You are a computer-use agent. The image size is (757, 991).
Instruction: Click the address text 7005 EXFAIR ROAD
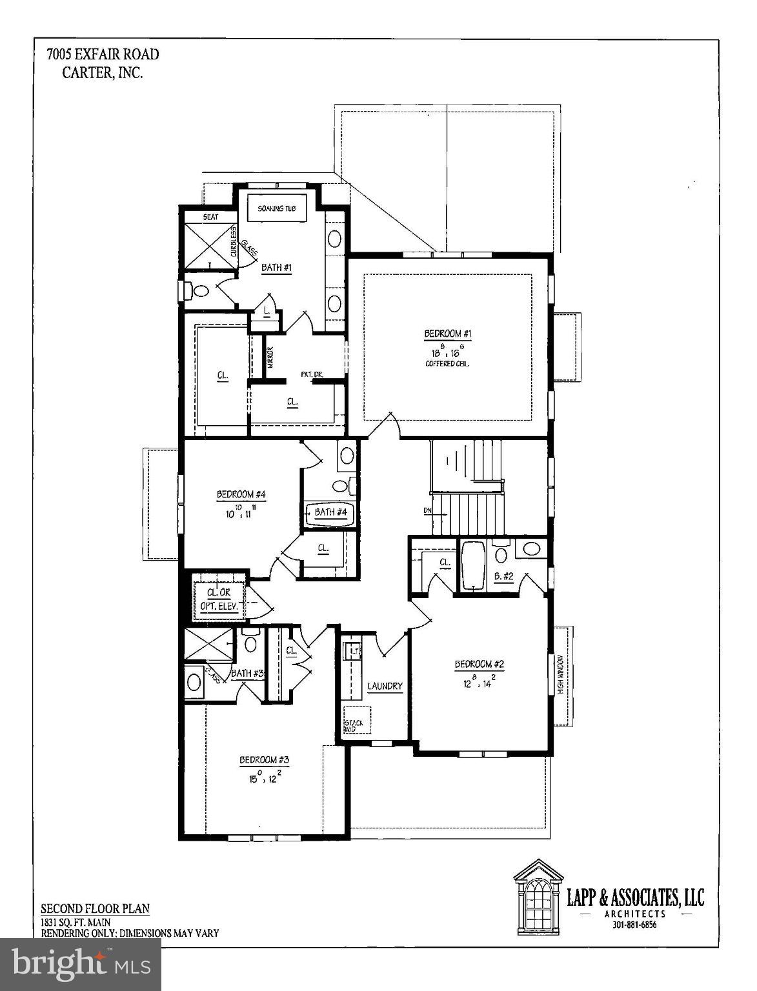(x=102, y=54)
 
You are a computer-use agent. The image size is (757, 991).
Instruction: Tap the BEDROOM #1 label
(x=448, y=334)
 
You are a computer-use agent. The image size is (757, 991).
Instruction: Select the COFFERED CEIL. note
(x=447, y=363)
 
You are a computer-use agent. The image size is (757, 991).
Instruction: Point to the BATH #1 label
(x=276, y=267)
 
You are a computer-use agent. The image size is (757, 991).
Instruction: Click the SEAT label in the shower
(x=210, y=217)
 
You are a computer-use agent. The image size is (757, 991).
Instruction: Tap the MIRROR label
(x=270, y=358)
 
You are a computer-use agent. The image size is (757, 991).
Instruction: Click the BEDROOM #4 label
(x=241, y=495)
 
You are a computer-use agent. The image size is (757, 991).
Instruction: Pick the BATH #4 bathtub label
(x=330, y=513)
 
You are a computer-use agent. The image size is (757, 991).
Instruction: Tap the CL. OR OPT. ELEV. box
(x=219, y=600)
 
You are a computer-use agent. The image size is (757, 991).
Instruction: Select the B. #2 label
(x=503, y=576)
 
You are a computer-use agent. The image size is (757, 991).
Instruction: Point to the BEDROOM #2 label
(x=479, y=664)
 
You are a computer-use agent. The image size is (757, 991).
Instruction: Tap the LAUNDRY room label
(x=385, y=686)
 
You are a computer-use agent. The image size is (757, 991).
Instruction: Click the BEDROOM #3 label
(x=264, y=760)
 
